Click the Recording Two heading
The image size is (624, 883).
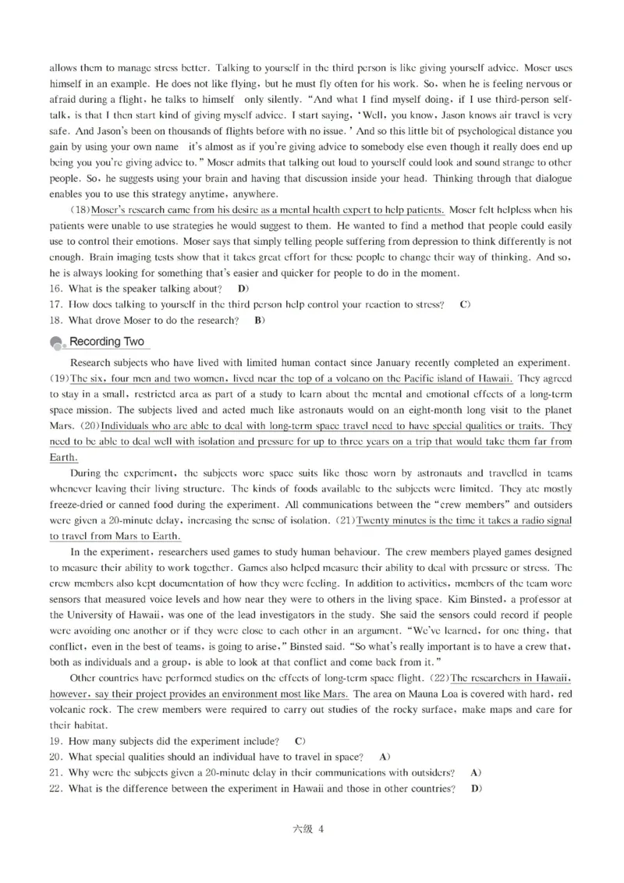tap(106, 342)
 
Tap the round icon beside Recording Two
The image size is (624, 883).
tap(57, 343)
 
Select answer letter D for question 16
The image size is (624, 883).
tap(243, 289)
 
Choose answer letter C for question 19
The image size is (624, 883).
tap(300, 739)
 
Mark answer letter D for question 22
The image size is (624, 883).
tap(476, 788)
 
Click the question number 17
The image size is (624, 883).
tap(55, 304)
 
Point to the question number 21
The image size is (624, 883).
tap(55, 771)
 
